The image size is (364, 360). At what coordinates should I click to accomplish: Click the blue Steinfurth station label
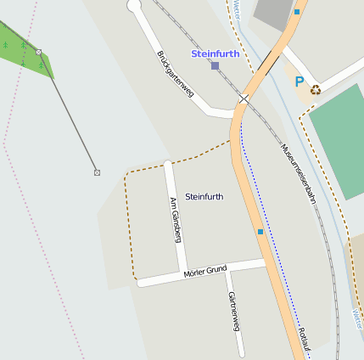click(x=215, y=53)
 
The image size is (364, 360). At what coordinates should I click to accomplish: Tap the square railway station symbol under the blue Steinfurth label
click(x=215, y=65)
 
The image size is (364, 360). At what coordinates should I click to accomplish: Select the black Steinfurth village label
click(x=204, y=196)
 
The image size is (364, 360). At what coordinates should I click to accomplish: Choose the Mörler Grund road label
click(x=205, y=272)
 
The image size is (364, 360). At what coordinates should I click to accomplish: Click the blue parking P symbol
click(x=298, y=82)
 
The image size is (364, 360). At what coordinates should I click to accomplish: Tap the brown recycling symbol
click(x=316, y=88)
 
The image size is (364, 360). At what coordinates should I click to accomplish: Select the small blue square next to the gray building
click(x=297, y=12)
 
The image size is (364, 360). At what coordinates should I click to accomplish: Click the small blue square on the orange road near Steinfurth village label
click(x=260, y=231)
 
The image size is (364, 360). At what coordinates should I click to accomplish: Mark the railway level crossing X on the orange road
click(x=244, y=99)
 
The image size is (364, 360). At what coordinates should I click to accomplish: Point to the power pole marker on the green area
click(x=38, y=53)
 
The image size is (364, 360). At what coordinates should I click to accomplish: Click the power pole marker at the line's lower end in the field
click(x=97, y=172)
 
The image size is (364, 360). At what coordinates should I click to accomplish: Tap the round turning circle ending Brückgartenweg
click(x=134, y=6)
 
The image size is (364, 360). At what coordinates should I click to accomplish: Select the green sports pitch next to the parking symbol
click(x=339, y=127)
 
